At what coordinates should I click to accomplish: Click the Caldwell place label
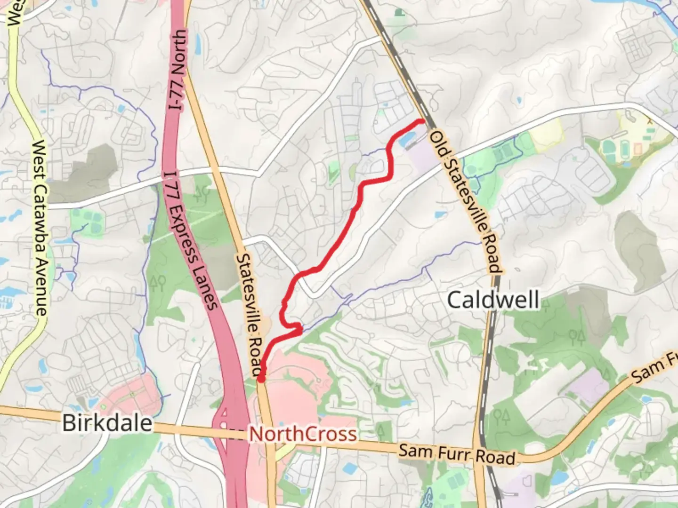(493, 300)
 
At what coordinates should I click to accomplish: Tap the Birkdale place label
(107, 422)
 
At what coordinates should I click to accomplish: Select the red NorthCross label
(302, 434)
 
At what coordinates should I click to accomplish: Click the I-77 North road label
(178, 71)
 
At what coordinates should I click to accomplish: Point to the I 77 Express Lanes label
(191, 240)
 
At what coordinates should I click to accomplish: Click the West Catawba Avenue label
(40, 228)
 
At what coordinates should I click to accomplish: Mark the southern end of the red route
(260, 378)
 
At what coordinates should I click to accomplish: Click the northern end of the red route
(422, 121)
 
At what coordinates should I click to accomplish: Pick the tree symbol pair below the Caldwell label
(577, 337)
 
